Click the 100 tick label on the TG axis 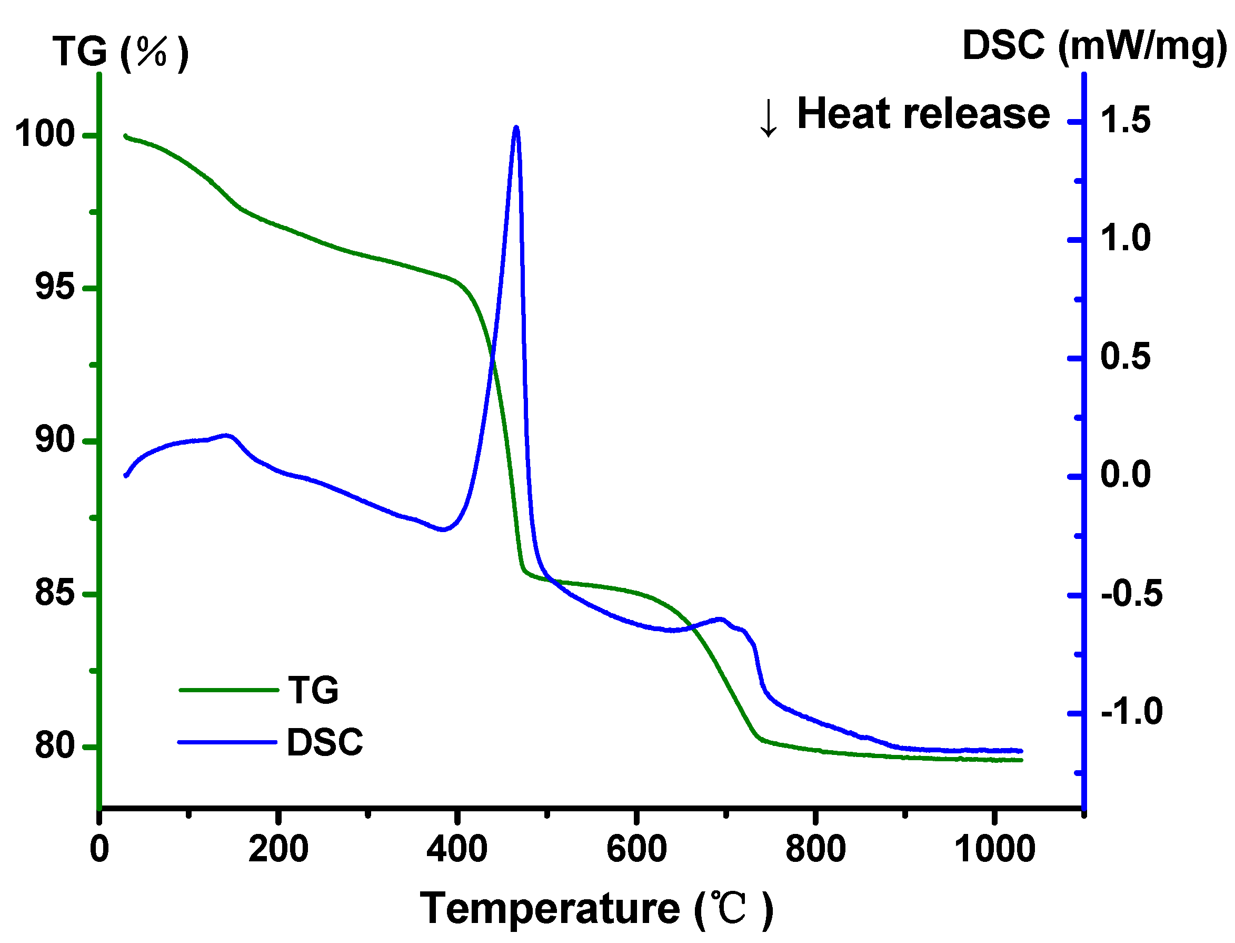pyautogui.click(x=45, y=135)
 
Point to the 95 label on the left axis pyautogui.click(x=54, y=287)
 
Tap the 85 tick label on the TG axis pyautogui.click(x=54, y=593)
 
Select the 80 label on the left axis pyautogui.click(x=54, y=745)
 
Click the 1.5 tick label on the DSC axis pyautogui.click(x=1124, y=121)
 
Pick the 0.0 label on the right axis pyautogui.click(x=1124, y=475)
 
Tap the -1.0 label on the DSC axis pyautogui.click(x=1131, y=712)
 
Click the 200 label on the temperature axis pyautogui.click(x=278, y=850)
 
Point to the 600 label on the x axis pyautogui.click(x=636, y=850)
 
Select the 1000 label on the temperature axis pyautogui.click(x=994, y=850)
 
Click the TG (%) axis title pyautogui.click(x=121, y=52)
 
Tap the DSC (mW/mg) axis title pyautogui.click(x=1094, y=46)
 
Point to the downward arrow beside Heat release pyautogui.click(x=768, y=118)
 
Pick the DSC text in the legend pyautogui.click(x=325, y=743)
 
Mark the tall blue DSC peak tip pyautogui.click(x=516, y=129)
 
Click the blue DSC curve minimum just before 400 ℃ pyautogui.click(x=443, y=530)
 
